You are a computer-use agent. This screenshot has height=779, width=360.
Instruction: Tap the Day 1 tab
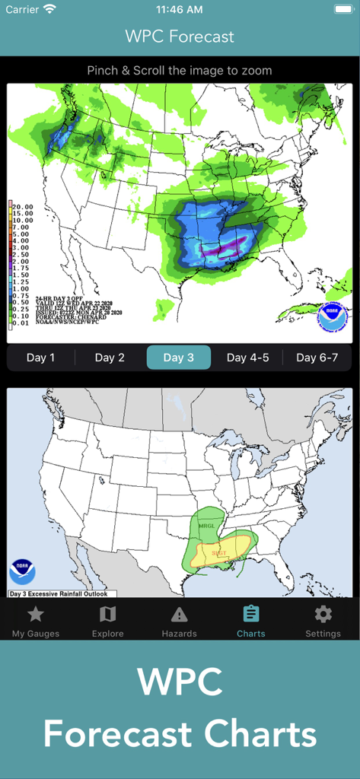point(41,358)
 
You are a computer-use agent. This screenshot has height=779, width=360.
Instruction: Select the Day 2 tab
point(110,358)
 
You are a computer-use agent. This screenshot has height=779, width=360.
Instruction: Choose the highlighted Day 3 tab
point(178,358)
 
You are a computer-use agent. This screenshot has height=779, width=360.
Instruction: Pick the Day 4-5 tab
point(247,358)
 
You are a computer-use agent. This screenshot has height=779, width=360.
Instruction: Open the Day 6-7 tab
point(317,358)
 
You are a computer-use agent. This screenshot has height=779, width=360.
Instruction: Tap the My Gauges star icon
point(36,615)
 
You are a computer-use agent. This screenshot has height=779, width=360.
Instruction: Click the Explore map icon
point(107,615)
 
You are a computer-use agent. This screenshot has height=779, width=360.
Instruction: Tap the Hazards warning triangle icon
point(179,615)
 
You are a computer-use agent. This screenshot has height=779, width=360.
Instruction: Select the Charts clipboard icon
point(250,614)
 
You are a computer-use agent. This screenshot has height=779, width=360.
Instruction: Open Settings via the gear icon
point(323,615)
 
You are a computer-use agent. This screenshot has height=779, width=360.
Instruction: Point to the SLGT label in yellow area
point(218,553)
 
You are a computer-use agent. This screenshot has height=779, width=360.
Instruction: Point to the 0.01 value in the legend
point(21,323)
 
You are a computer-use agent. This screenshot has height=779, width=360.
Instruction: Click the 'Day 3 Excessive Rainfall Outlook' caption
point(58,593)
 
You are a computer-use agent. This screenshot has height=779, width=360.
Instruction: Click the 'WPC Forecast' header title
point(180,37)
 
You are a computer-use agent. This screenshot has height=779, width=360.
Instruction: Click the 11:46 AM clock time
point(180,10)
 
